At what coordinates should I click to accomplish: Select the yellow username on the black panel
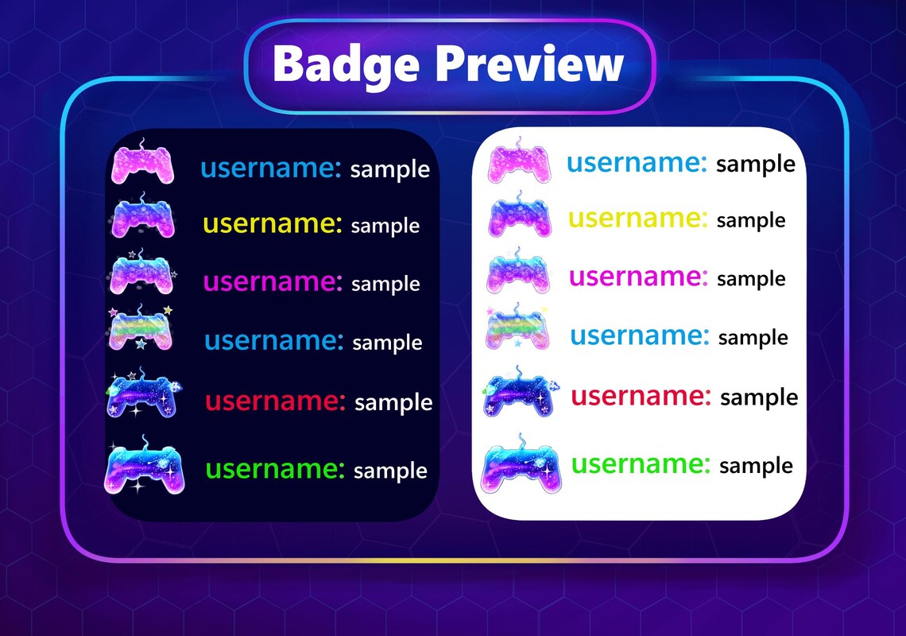[x=272, y=223]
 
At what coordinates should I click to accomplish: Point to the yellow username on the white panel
[x=637, y=217]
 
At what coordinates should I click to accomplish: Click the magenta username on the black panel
[x=273, y=281]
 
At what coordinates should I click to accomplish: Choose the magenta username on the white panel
[x=637, y=276]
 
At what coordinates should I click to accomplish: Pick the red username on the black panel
[x=275, y=401]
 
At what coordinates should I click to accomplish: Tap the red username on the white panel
[x=641, y=395]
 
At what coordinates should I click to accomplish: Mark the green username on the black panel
[x=275, y=468]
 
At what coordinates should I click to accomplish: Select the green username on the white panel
[x=641, y=463]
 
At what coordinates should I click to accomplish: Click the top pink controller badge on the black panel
[x=142, y=165]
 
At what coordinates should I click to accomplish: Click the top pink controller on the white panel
[x=518, y=161]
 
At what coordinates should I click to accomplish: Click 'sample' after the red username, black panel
[x=393, y=402]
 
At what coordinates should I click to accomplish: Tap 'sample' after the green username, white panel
[x=756, y=466]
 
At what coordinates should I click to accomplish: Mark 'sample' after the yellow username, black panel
[x=385, y=226]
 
